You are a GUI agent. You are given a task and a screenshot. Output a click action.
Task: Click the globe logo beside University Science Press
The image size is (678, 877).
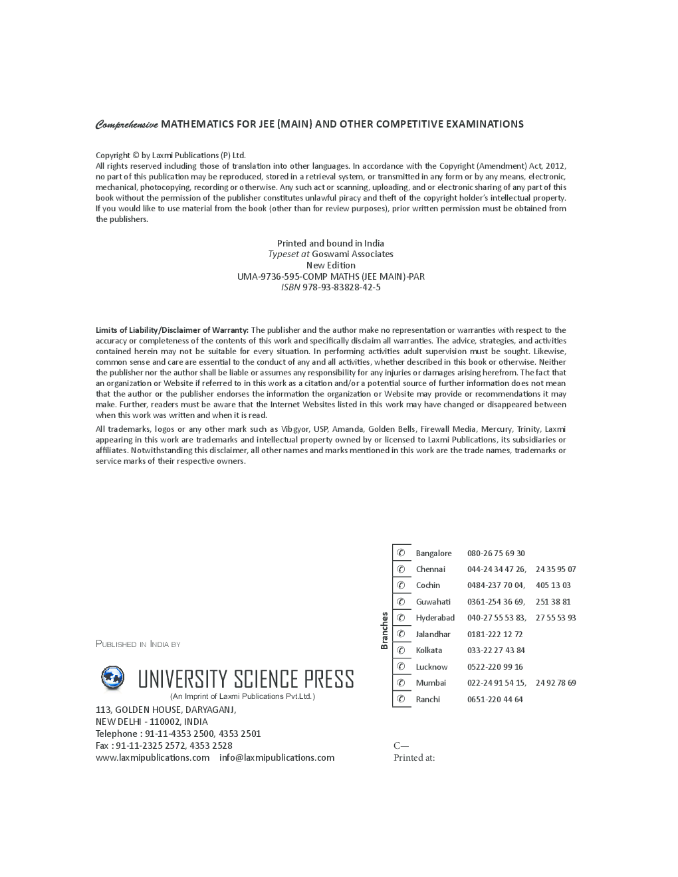[112, 678]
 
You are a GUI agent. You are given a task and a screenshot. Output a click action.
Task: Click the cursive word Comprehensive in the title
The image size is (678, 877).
[127, 124]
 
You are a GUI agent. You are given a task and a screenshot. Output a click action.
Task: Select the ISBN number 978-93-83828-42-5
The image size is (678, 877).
[341, 287]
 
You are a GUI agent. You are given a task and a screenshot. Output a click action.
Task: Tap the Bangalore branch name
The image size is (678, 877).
[433, 553]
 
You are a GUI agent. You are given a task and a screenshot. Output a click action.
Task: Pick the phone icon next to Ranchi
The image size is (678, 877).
[401, 699]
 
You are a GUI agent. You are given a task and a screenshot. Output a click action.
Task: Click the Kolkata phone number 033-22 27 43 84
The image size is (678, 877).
[495, 650]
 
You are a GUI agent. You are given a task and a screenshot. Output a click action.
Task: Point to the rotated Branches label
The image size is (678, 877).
[384, 631]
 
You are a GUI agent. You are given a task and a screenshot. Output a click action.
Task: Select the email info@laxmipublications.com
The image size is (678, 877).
[277, 757]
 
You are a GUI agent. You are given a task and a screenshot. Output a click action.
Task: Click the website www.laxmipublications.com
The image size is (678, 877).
[152, 757]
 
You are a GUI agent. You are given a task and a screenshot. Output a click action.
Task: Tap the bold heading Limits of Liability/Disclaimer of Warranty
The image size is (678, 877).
[172, 330]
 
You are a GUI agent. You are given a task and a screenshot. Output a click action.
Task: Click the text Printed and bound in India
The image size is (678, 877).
[330, 243]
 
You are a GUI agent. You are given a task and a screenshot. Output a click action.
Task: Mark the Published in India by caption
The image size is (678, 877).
[138, 644]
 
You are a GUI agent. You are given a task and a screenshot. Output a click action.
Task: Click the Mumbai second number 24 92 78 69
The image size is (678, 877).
[556, 683]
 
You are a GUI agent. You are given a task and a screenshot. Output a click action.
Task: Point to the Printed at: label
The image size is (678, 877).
[414, 757]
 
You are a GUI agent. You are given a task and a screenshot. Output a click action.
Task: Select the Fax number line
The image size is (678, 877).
[164, 745]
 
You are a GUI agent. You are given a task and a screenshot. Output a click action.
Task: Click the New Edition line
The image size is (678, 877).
[330, 265]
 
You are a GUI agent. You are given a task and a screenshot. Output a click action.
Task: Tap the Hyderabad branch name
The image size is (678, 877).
[435, 618]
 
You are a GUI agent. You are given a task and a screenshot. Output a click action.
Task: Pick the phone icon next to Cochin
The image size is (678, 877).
[401, 585]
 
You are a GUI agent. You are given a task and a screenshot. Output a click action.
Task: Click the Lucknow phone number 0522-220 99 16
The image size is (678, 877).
[495, 667]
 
